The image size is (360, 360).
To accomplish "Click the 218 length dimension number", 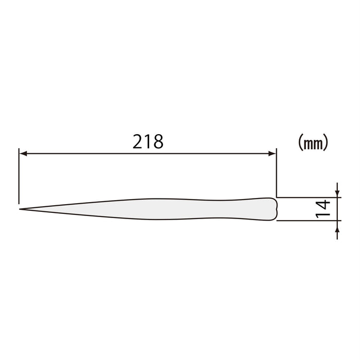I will coord(148,141).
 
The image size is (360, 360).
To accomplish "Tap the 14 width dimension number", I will coord(322,209).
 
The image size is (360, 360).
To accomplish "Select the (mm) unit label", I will coord(313,142).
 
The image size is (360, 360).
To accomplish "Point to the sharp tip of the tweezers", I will coord(21,209).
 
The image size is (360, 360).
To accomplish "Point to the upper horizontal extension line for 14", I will coord(309,196).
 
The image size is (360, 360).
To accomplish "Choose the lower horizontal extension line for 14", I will coord(309,222).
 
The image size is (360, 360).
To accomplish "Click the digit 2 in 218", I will coord(138,141).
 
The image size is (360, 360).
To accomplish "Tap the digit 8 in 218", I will coord(158,141).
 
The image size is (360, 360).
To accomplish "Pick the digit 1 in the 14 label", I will coord(322,214).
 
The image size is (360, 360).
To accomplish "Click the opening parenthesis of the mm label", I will coord(300,142).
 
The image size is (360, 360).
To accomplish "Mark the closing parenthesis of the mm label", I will coord(326,142).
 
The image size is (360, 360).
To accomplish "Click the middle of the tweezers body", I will coord(154,209).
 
